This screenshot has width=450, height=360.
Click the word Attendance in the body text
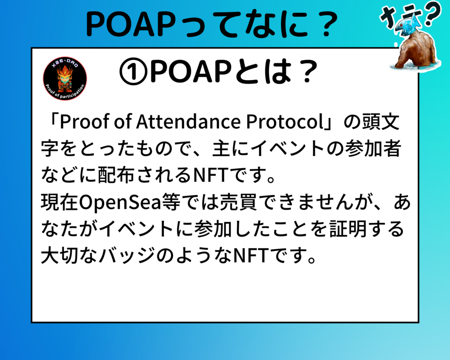point(188,122)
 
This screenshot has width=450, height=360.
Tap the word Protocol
point(285,122)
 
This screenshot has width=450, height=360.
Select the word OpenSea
point(120,203)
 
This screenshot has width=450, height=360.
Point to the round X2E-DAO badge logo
point(65,78)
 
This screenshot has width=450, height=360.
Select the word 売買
point(239,202)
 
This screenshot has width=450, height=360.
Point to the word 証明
point(348,229)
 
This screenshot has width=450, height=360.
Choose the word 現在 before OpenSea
point(59,202)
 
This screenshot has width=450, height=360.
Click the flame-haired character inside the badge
point(65,77)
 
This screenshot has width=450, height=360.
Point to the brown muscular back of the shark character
point(416,49)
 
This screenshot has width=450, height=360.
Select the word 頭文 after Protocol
point(381,122)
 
